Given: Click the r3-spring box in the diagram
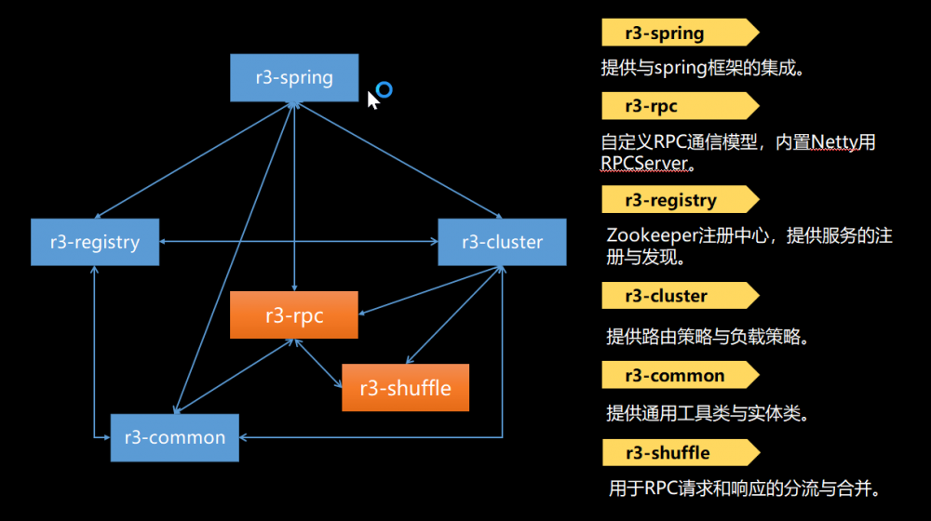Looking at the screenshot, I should click(x=294, y=76).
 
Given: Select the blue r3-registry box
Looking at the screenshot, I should click(x=95, y=242).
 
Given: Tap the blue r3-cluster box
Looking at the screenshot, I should click(x=502, y=242).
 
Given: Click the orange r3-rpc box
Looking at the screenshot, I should click(x=294, y=315).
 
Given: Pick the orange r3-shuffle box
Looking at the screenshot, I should click(x=405, y=387).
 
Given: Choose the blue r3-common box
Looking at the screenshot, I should click(x=175, y=437).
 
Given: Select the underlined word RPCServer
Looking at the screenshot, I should click(x=644, y=164).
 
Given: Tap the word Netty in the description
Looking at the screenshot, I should click(x=834, y=142).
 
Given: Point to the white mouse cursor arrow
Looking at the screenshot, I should click(x=371, y=100).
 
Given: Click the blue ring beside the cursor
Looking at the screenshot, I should click(x=384, y=89).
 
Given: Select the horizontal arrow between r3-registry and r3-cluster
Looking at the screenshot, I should click(x=298, y=242).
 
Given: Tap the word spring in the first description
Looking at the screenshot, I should click(x=681, y=68).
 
